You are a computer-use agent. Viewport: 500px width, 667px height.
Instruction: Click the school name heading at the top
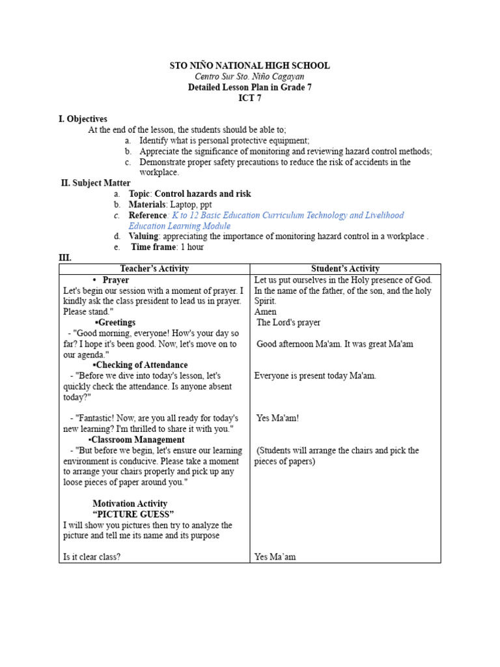pyautogui.click(x=249, y=66)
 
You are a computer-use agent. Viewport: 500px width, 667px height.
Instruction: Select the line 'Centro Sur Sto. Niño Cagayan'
pyautogui.click(x=249, y=76)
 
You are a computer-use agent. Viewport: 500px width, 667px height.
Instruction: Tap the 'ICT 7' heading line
pyautogui.click(x=249, y=98)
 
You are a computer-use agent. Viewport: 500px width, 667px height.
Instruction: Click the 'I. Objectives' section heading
pyautogui.click(x=83, y=119)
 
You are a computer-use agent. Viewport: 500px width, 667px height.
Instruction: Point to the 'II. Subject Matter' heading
pyautogui.click(x=96, y=183)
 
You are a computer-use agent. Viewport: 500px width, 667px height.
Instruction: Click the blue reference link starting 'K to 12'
pyautogui.click(x=287, y=215)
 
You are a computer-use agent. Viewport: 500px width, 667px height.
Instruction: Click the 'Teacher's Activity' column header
pyautogui.click(x=154, y=268)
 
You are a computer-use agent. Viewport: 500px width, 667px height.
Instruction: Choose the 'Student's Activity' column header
pyautogui.click(x=345, y=268)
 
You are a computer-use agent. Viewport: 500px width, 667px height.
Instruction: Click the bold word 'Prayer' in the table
pyautogui.click(x=116, y=279)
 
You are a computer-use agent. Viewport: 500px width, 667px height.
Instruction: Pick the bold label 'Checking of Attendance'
pyautogui.click(x=141, y=365)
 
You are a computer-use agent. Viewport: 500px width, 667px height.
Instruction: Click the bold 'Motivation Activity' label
pyautogui.click(x=130, y=504)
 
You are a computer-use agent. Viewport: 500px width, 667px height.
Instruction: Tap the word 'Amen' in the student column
pyautogui.click(x=265, y=311)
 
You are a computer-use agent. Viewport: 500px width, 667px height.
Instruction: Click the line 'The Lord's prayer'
pyautogui.click(x=288, y=322)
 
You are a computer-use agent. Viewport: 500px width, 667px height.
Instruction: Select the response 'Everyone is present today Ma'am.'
pyautogui.click(x=315, y=376)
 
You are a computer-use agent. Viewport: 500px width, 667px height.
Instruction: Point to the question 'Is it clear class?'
pyautogui.click(x=92, y=557)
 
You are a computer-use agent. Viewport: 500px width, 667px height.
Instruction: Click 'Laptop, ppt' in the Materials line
pyautogui.click(x=191, y=205)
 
